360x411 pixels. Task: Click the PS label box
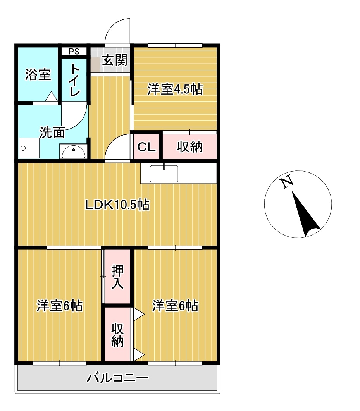pyautogui.click(x=74, y=52)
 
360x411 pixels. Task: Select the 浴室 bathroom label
pyautogui.click(x=38, y=74)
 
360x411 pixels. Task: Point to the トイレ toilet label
pyautogui.click(x=74, y=80)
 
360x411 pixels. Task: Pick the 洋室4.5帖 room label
pyautogui.click(x=175, y=89)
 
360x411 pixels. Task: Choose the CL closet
pyautogui.click(x=146, y=147)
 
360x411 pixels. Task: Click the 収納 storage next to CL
pyautogui.click(x=189, y=147)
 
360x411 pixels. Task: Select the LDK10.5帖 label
pyautogui.click(x=117, y=205)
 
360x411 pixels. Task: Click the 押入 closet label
pyautogui.click(x=117, y=277)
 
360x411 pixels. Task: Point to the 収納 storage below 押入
pyautogui.click(x=117, y=335)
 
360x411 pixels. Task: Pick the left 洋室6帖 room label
pyautogui.click(x=59, y=306)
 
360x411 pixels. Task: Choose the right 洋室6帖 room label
pyautogui.click(x=175, y=306)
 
